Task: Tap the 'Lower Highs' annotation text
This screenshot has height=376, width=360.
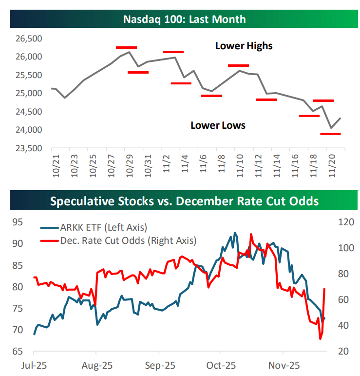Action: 244,46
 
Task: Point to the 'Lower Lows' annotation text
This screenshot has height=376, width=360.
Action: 218,125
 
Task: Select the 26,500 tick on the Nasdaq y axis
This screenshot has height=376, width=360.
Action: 29,39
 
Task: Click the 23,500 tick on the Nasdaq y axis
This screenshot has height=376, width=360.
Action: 29,148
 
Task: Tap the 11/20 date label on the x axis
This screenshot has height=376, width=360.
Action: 336,166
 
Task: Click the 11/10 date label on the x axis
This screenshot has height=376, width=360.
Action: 240,166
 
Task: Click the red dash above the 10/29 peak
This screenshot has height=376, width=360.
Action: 127,47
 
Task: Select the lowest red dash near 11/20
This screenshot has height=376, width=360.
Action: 331,134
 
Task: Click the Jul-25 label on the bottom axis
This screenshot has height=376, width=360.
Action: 34,365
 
